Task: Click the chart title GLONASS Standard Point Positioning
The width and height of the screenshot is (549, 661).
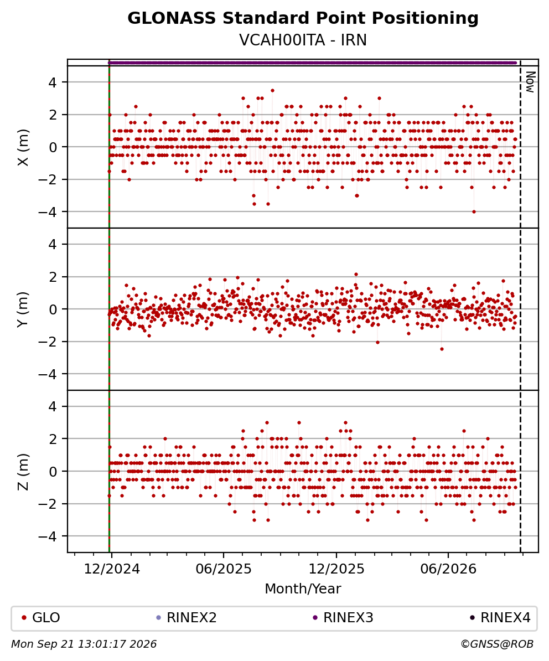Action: coord(303,19)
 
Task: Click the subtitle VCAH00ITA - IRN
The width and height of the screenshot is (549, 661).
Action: coord(303,40)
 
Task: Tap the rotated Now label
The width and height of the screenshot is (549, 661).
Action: coord(531,82)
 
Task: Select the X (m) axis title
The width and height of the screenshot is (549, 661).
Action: coord(24,147)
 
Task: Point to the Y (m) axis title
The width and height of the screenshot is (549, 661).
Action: coord(24,309)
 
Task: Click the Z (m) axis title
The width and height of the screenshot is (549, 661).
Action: coord(24,472)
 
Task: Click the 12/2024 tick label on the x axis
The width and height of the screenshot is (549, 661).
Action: coord(112,569)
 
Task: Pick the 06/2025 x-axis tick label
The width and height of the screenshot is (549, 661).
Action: coord(223,569)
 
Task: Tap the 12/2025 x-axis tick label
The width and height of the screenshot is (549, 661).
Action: coord(336,569)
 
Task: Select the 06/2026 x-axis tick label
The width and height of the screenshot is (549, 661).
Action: coord(448,569)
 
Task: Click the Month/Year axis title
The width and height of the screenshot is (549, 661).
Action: coord(303,589)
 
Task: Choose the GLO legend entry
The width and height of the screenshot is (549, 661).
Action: coord(41,618)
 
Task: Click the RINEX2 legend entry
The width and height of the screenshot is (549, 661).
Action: coord(187,618)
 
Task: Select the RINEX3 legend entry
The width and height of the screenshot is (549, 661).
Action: coord(343,618)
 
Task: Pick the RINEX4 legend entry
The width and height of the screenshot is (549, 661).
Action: coord(500,618)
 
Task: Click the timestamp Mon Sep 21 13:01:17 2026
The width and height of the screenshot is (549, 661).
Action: coord(84,644)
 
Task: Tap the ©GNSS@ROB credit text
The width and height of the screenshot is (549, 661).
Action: coord(497,644)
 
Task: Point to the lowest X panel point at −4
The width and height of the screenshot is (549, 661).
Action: coord(474,211)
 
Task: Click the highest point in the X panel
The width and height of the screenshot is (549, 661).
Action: coord(273,90)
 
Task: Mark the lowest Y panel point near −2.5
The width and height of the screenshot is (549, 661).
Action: coord(442,349)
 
